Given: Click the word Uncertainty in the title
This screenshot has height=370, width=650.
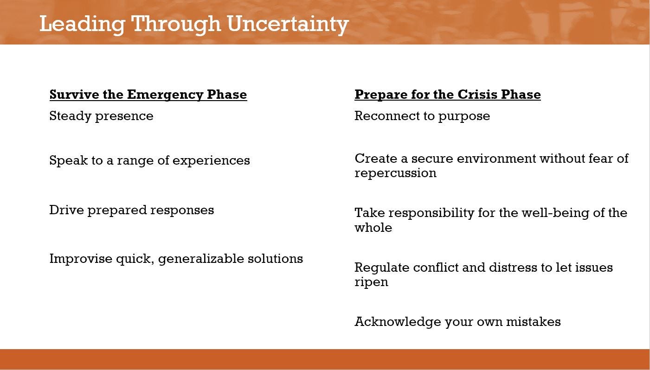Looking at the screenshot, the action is [x=288, y=24].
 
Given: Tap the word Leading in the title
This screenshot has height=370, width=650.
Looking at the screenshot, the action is [x=82, y=25].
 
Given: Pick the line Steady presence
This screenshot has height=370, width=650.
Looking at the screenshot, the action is [x=101, y=116].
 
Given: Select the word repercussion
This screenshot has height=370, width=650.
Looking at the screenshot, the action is [x=395, y=173].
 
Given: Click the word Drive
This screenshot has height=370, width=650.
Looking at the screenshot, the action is [x=66, y=210].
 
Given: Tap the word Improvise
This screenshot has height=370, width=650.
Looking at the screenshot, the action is [x=81, y=259].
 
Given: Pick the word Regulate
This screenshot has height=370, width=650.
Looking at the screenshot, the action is [x=382, y=268].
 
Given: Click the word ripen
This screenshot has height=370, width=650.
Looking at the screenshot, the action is [x=371, y=282].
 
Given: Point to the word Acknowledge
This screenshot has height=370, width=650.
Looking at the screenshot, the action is [x=398, y=322].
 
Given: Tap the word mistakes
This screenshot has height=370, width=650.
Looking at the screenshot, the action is [x=534, y=322].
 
